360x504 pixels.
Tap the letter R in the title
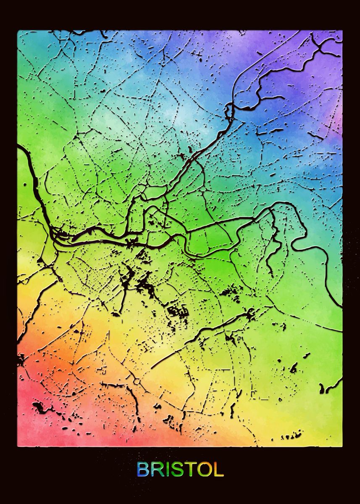(x=157, y=470)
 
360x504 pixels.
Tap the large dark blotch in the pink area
(x=39, y=406)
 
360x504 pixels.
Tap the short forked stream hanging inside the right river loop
(x=275, y=244)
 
